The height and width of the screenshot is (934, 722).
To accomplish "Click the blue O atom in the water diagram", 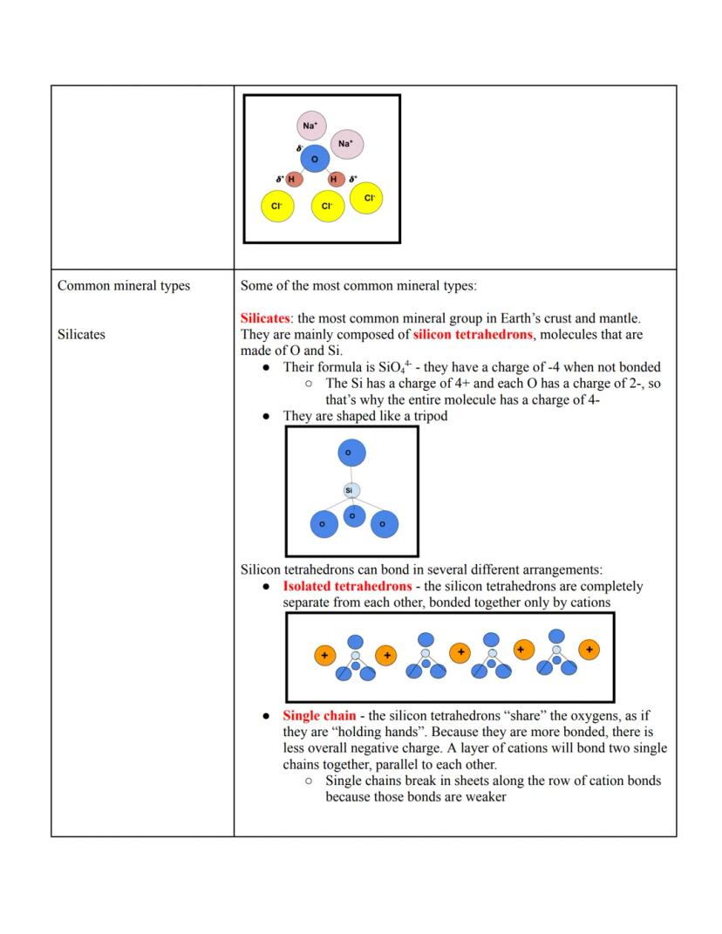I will coord(315,159).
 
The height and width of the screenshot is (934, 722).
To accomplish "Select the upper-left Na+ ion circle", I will coord(311,126).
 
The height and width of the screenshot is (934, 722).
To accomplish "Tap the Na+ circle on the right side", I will coord(346,144).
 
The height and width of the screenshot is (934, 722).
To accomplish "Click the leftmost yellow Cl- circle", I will coord(277,207).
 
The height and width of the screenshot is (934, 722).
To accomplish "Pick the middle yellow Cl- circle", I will coord(327,207).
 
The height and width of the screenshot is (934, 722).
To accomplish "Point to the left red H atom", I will coord(293,180).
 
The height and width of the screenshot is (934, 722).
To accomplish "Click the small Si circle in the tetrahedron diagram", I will coord(349,491).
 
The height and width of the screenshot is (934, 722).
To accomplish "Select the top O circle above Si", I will coord(351,453).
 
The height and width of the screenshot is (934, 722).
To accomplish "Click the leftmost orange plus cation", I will coord(324,655).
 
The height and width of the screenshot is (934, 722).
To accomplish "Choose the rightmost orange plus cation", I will coord(589,650).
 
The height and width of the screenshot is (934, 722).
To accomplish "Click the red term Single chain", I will coord(319,716).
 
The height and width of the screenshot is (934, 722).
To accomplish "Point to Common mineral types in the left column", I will coord(123,286).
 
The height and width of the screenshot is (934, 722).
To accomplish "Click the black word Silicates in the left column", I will coord(81,334).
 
